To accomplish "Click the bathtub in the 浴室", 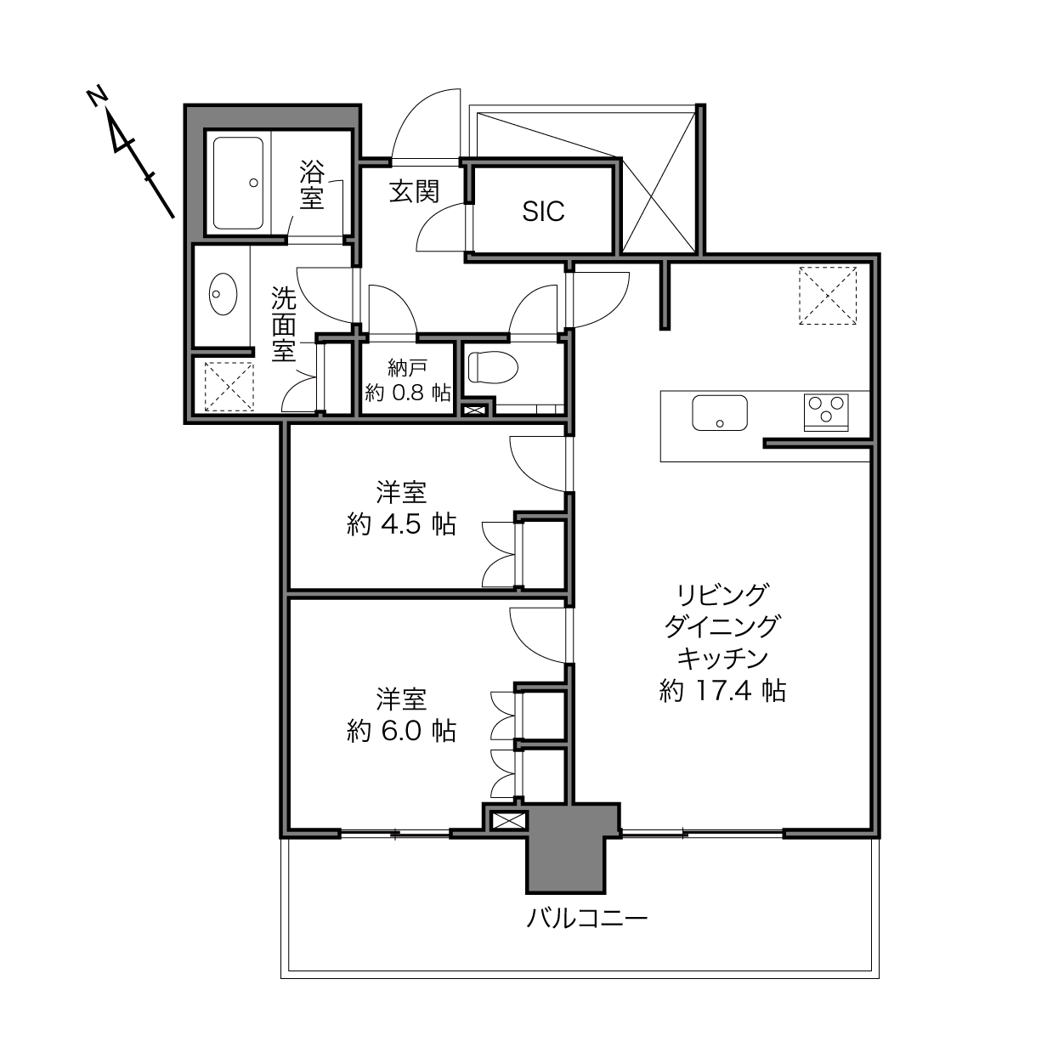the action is point(238,183).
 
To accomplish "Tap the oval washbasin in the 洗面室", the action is point(223,294).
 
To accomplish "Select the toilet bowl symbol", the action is point(493,367).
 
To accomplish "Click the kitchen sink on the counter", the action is point(720,412).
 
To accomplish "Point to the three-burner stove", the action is point(826,412).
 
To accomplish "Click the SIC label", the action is point(543,212).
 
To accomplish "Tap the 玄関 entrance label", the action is point(414,191).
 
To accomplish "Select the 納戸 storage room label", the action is point(407,367).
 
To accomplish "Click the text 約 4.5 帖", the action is point(401,524).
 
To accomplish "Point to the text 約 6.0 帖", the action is point(401,731).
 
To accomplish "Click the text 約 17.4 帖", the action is point(722,690).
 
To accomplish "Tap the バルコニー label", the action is point(586,919).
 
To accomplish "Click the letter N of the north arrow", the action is point(97,96).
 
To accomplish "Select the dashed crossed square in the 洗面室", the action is point(229,386).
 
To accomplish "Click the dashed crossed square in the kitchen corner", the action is point(828,296).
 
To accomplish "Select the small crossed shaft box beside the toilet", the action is point(475,410).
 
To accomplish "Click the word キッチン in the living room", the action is point(722,658).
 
